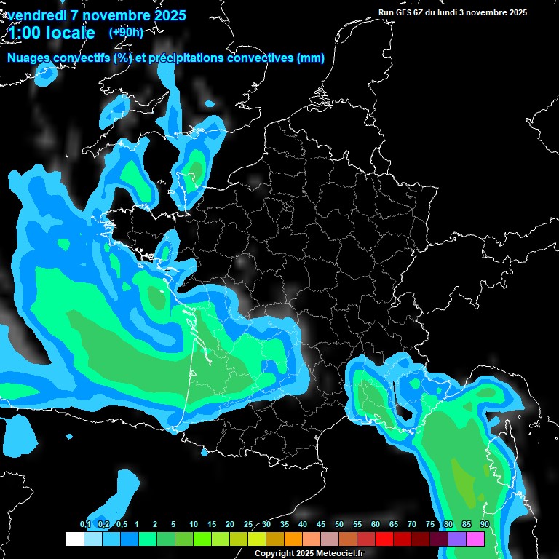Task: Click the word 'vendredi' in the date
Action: [36, 15]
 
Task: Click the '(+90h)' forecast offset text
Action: [126, 32]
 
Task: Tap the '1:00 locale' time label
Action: [52, 33]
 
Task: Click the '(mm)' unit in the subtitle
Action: [311, 58]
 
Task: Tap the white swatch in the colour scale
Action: [74, 539]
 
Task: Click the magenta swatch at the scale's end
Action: [475, 539]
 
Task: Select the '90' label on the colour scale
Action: [485, 524]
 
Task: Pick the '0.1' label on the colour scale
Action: [85, 524]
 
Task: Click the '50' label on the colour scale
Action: [339, 524]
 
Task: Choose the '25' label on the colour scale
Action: [248, 524]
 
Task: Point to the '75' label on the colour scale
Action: [430, 524]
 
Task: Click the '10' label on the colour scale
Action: [194, 524]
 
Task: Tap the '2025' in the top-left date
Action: [169, 15]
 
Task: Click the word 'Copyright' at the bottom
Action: [273, 553]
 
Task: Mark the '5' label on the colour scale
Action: [173, 524]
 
